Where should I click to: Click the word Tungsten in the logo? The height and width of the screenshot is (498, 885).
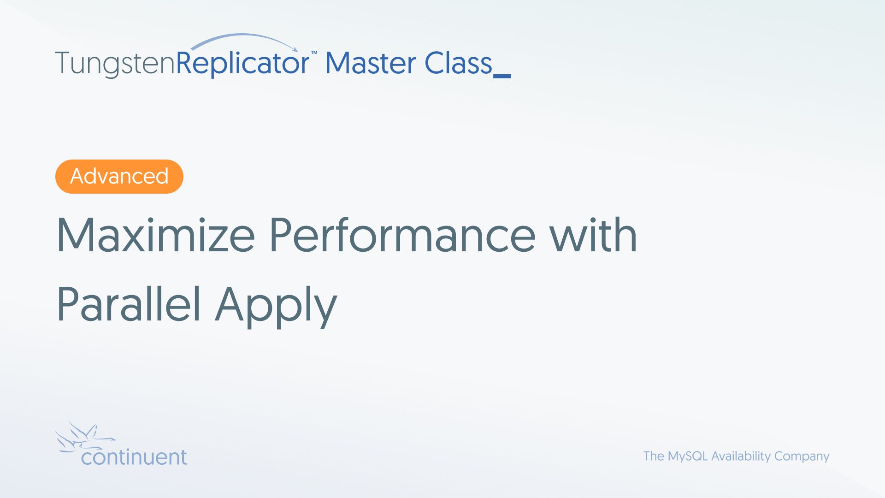[x=115, y=64]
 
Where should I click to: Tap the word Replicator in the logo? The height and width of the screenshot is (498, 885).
[x=243, y=64]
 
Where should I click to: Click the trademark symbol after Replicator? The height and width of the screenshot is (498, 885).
[x=314, y=53]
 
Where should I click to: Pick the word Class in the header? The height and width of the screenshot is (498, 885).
[x=458, y=63]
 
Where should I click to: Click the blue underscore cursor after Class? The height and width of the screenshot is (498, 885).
[x=502, y=76]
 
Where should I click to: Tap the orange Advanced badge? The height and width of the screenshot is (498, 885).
[x=119, y=177]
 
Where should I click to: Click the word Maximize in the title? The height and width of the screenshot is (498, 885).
[x=156, y=235]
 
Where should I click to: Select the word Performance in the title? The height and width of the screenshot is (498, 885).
[x=402, y=235]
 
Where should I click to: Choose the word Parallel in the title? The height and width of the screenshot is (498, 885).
[x=129, y=304]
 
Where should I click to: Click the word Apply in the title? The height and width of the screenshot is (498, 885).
[x=276, y=306]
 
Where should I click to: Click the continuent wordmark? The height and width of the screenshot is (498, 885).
[x=134, y=457]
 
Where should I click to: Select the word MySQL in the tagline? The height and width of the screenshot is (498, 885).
[x=688, y=456]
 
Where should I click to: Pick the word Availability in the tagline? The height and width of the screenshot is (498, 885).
[x=741, y=456]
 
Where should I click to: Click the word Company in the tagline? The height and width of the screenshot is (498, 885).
[x=802, y=456]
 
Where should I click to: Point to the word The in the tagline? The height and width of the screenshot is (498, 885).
[x=654, y=456]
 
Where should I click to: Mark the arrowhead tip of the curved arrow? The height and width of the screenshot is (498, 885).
[x=298, y=51]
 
